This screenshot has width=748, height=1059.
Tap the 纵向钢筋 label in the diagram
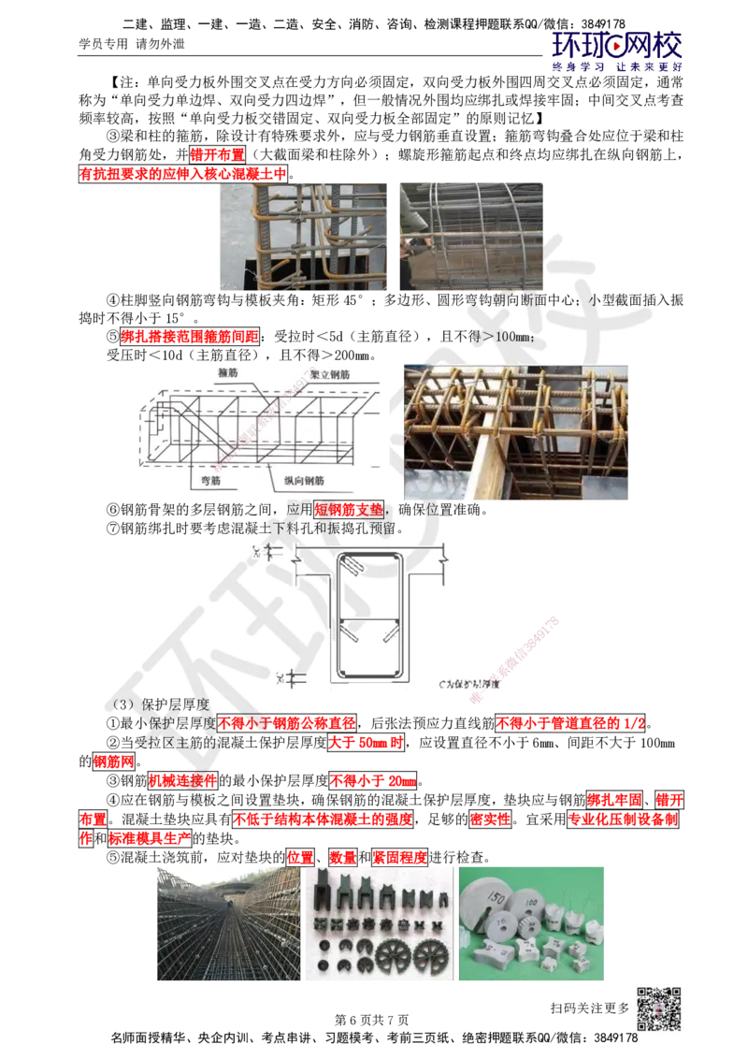click(x=304, y=480)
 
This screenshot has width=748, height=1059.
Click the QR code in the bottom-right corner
click(x=657, y=1009)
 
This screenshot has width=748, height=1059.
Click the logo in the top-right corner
click(x=618, y=50)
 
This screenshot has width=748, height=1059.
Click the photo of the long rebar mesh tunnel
click(x=229, y=923)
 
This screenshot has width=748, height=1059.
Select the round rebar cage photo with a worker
click(x=470, y=236)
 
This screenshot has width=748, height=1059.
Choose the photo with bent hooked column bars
click(x=303, y=236)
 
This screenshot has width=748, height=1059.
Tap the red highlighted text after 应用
click(x=349, y=510)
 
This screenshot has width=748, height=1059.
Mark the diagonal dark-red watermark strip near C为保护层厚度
click(x=526, y=647)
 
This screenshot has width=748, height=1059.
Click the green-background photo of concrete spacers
click(x=530, y=923)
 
